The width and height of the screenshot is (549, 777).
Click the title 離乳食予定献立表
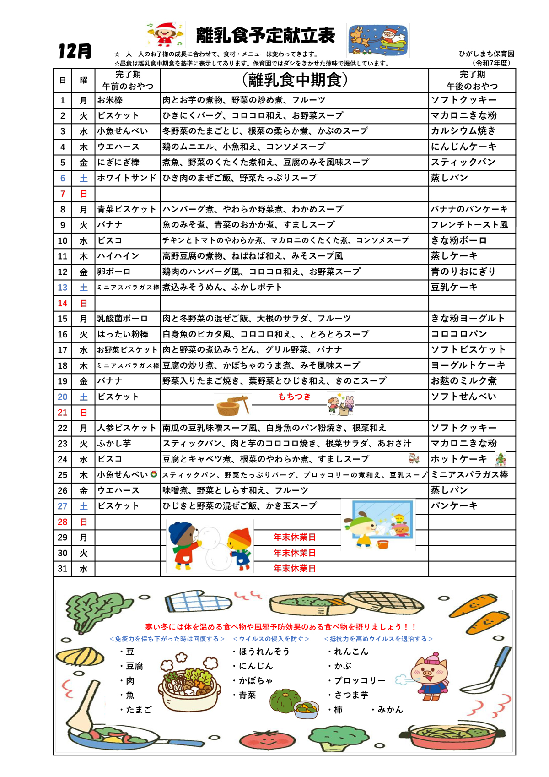coord(265,36)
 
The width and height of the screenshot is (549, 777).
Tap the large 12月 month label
coord(75,51)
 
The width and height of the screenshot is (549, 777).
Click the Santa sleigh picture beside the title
coord(378,40)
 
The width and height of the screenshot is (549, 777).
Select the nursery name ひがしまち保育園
coord(486,54)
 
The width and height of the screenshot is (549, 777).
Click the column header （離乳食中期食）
coord(294,80)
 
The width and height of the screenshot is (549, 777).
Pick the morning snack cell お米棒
coord(110,100)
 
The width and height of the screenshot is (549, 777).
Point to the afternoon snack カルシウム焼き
coord(463,131)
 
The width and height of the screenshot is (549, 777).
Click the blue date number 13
coord(63,288)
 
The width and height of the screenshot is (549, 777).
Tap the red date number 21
coord(63,413)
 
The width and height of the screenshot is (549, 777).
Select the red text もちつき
coord(294,397)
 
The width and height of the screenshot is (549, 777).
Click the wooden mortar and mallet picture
coord(233,404)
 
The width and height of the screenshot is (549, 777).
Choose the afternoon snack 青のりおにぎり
coord(463,272)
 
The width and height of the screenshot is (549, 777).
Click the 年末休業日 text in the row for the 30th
coord(294,553)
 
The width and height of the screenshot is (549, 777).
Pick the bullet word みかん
coord(390,710)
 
